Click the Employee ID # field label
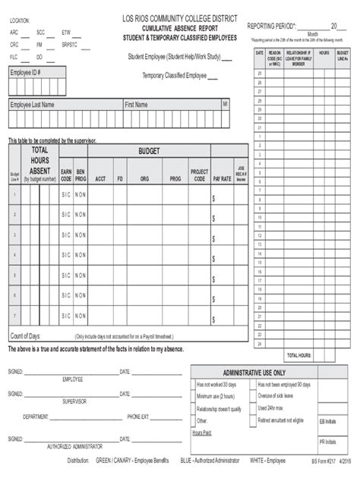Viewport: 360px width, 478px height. click(x=25, y=72)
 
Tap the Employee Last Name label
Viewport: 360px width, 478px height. click(x=32, y=105)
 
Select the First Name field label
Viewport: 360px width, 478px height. click(x=136, y=105)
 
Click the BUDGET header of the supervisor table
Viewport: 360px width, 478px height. click(x=149, y=152)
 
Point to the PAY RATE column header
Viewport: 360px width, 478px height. click(x=222, y=179)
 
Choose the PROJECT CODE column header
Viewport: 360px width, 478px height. click(x=199, y=175)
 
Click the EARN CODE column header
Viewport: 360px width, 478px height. click(x=66, y=175)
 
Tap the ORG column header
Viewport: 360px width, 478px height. click(x=144, y=179)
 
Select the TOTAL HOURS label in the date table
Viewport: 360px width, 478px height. click(x=298, y=355)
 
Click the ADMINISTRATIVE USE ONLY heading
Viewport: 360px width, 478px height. click(x=254, y=373)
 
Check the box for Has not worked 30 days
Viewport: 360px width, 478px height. click(x=193, y=385)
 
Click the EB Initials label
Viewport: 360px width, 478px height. click(x=327, y=420)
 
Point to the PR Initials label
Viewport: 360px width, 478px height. click(x=327, y=442)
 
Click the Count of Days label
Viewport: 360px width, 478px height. click(x=25, y=335)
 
